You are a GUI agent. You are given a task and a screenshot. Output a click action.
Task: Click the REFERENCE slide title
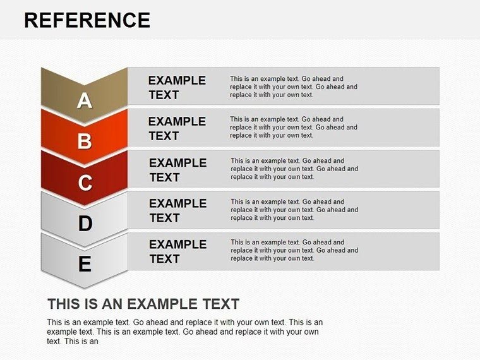pyautogui.click(x=87, y=20)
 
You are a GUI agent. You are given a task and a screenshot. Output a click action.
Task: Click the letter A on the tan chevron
pyautogui.click(x=85, y=100)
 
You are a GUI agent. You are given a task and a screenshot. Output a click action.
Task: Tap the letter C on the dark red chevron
pyautogui.click(x=85, y=183)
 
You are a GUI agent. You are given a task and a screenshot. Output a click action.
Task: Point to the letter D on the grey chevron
pyautogui.click(x=85, y=223)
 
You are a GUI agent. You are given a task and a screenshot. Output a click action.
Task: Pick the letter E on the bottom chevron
pyautogui.click(x=85, y=264)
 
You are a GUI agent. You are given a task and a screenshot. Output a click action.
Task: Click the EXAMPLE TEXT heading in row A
pyautogui.click(x=177, y=88)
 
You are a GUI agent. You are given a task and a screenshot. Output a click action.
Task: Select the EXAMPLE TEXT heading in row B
pyautogui.click(x=177, y=128)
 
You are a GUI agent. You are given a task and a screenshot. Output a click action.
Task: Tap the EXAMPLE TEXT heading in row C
pyautogui.click(x=177, y=170)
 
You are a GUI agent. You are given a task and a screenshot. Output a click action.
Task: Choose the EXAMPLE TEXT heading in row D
pyautogui.click(x=177, y=210)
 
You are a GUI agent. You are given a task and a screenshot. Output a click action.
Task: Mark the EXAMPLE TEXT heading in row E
pyautogui.click(x=177, y=251)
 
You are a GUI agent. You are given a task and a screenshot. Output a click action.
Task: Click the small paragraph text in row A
pyautogui.click(x=293, y=87)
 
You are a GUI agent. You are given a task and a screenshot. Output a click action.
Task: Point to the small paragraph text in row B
pyautogui.click(x=293, y=127)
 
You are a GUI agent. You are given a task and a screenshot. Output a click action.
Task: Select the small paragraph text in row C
pyautogui.click(x=294, y=169)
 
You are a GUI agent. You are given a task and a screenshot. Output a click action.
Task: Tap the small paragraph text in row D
pyautogui.click(x=294, y=210)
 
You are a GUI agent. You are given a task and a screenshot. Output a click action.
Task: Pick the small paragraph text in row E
pyautogui.click(x=294, y=250)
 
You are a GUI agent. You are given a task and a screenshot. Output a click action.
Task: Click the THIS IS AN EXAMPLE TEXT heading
pyautogui.click(x=143, y=303)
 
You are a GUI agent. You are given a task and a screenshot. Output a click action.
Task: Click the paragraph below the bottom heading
pyautogui.click(x=184, y=332)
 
